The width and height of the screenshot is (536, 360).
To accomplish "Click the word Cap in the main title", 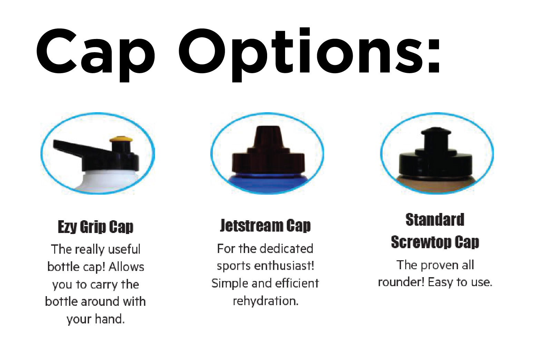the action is click(95, 55).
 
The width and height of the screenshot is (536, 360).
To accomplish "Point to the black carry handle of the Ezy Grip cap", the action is click(81, 148).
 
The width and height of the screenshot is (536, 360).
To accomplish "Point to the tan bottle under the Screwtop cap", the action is click(436, 185).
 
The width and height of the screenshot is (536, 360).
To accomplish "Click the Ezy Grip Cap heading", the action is click(96, 227).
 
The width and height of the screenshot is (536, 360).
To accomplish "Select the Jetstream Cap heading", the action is click(265, 225).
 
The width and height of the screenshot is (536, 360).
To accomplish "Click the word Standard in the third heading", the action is click(435, 220).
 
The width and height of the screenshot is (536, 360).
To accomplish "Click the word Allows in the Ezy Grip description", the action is click(126, 267).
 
